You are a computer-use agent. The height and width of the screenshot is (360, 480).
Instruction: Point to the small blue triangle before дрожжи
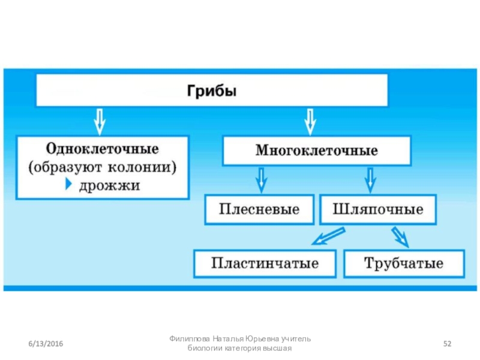tap(68, 185)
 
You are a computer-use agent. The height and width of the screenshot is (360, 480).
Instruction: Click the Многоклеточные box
tap(317, 150)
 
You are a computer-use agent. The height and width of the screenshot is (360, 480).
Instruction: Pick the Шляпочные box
tap(378, 210)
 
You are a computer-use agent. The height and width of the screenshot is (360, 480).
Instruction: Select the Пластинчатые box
tap(265, 263)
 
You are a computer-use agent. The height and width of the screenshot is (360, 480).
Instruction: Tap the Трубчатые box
tap(403, 263)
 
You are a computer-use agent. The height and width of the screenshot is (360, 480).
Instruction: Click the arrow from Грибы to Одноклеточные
tap(100, 121)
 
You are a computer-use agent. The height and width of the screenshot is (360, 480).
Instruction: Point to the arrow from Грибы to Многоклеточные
tap(310, 121)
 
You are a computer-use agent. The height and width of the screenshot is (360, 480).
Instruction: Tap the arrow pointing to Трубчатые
tap(400, 236)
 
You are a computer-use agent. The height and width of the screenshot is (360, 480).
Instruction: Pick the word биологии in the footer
tap(206, 349)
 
